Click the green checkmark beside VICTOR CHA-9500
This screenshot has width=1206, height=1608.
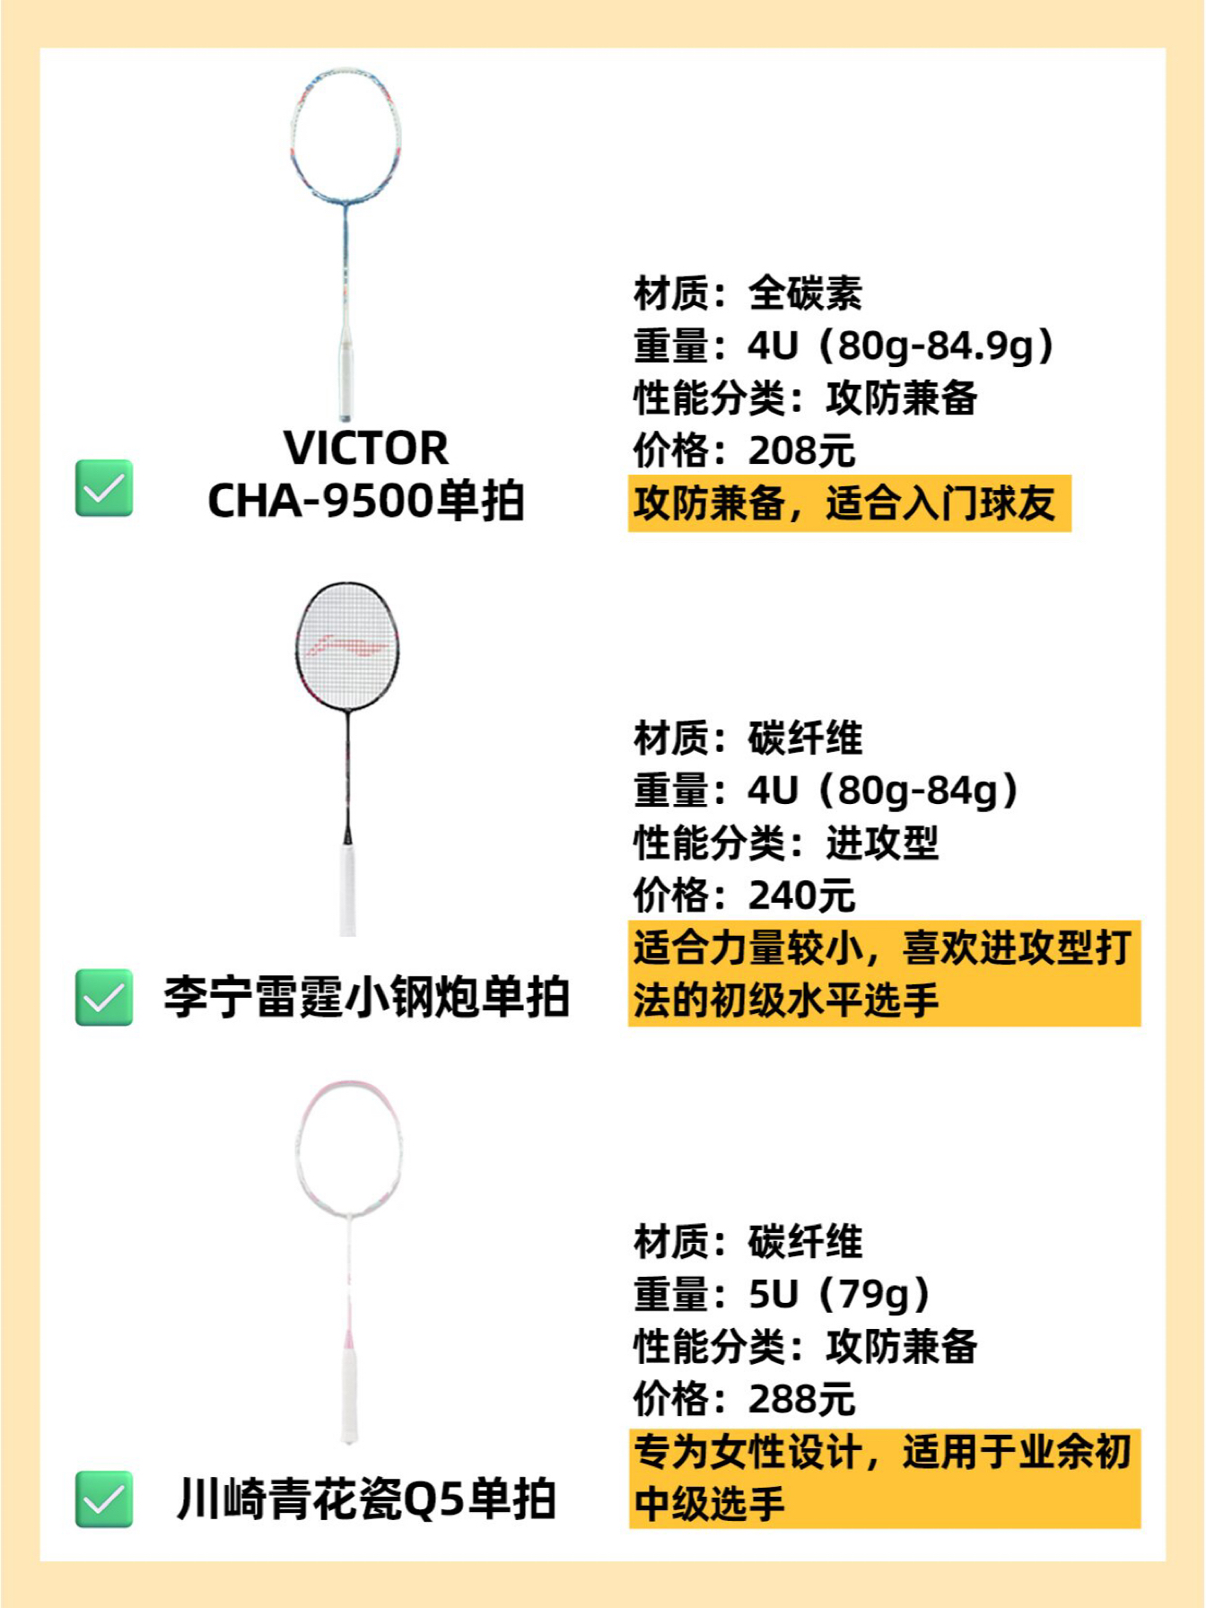104,488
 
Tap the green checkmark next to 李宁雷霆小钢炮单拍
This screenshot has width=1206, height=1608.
104,997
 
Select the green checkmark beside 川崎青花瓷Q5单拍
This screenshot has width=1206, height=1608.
104,1499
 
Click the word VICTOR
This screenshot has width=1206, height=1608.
366,448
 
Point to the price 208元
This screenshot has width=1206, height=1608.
801,450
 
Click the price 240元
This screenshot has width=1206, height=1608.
801,896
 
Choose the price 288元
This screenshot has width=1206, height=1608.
801,1398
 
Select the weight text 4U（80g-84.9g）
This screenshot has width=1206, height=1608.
902,345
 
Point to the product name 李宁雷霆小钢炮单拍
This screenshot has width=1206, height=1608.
366,997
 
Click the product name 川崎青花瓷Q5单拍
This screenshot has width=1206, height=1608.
366,1499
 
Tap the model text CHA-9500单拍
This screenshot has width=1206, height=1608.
366,501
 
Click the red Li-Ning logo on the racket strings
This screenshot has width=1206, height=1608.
346,645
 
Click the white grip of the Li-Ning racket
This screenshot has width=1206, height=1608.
348,888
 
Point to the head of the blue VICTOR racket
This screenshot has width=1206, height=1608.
346,135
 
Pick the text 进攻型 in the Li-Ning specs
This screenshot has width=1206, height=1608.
882,843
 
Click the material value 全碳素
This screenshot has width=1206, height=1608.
805,293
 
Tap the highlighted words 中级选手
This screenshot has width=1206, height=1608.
709,1503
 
